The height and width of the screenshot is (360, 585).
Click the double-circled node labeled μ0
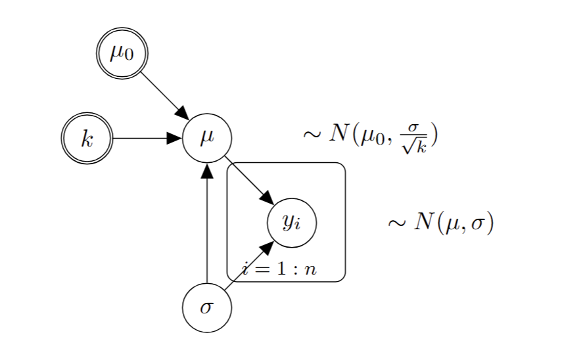click(x=122, y=53)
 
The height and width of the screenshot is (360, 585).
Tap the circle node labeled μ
click(x=207, y=138)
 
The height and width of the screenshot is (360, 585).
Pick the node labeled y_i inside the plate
click(x=292, y=222)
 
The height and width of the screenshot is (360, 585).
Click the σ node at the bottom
click(x=207, y=307)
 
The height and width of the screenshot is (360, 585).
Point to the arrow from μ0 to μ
click(x=164, y=95)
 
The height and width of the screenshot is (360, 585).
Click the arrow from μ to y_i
click(x=249, y=180)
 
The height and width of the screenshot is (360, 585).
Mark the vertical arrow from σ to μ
click(x=207, y=223)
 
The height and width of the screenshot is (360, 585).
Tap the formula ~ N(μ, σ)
click(x=440, y=223)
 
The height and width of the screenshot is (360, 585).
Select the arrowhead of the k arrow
click(x=174, y=139)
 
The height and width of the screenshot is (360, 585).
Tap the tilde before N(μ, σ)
click(x=396, y=224)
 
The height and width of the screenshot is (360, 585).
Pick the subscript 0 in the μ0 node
click(x=128, y=56)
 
